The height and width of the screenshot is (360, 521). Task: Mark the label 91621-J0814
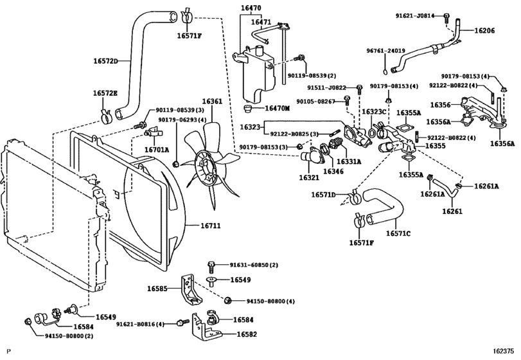click(x=416, y=14)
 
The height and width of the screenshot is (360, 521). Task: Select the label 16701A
click(x=156, y=149)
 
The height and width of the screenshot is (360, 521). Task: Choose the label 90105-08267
click(x=317, y=101)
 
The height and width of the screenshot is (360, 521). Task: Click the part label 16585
click(x=172, y=289)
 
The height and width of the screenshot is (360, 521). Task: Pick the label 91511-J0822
click(x=326, y=87)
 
